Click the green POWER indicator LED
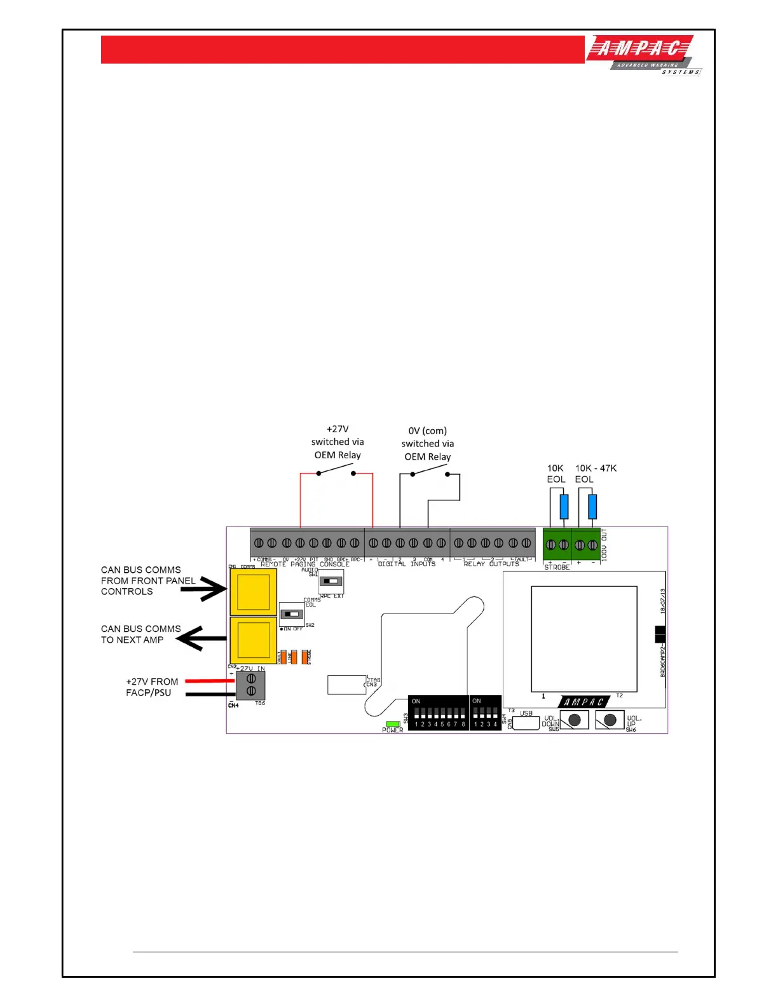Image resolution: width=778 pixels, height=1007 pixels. pos(393,723)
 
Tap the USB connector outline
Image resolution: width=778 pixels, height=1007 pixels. pos(526,723)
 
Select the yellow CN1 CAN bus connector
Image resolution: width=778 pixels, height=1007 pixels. pos(253,592)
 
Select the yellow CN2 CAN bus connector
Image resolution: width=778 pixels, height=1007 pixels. pos(253,640)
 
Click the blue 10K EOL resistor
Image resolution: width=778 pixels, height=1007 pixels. pos(564,507)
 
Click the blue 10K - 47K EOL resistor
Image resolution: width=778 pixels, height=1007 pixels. pos(592,507)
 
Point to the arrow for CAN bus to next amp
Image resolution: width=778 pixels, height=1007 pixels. pos(201,638)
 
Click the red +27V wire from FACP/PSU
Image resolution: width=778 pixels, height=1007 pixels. pos(210,681)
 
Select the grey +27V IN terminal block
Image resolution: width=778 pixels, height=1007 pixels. pos(251,685)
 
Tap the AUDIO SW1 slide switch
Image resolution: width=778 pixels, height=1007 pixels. pos(331,581)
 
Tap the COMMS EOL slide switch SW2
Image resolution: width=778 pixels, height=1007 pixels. pos(292,614)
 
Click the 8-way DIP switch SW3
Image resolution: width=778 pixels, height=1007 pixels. pos(439,713)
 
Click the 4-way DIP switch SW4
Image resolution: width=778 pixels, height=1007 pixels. pos(485,713)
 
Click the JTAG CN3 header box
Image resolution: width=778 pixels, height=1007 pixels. pos(347,685)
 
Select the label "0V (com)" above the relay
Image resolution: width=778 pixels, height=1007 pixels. pos(427,431)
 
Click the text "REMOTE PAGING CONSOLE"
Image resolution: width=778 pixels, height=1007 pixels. pos(305,565)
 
